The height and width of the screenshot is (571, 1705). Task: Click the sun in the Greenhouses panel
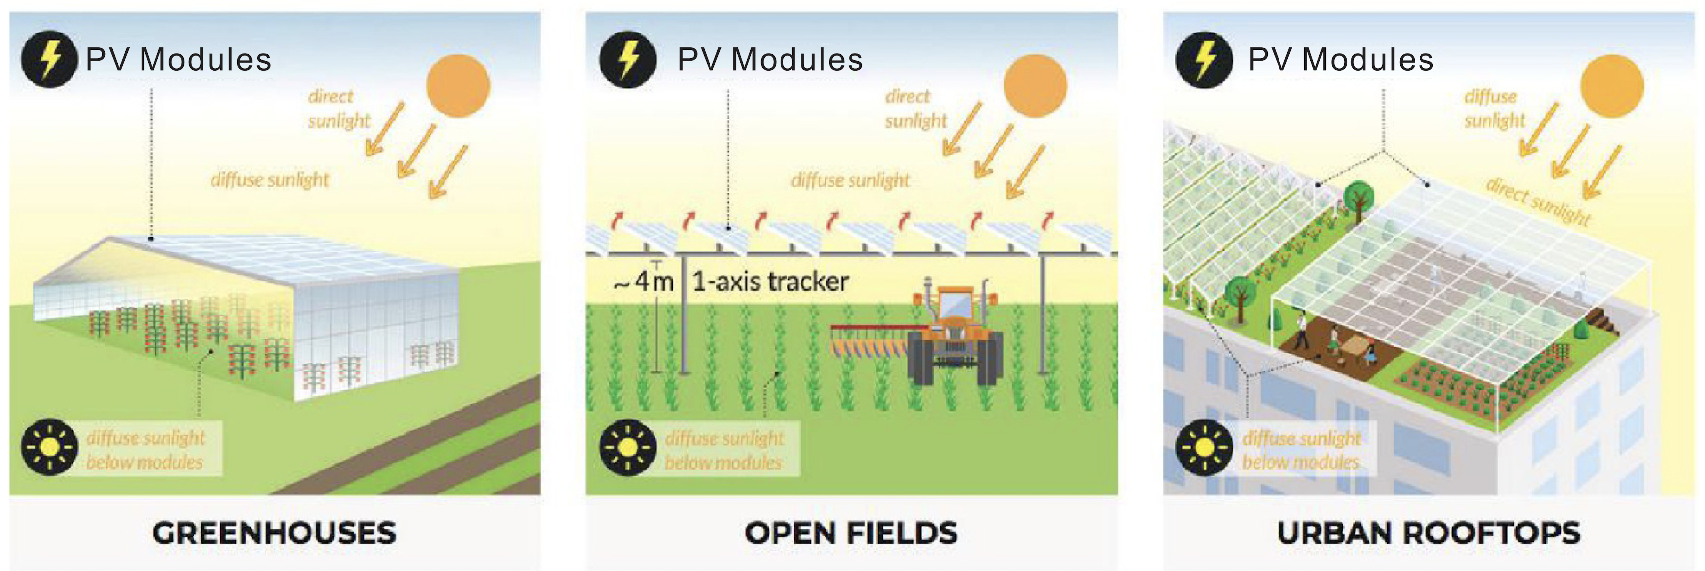tap(457, 85)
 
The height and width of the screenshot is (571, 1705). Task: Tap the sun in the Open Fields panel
tap(1035, 85)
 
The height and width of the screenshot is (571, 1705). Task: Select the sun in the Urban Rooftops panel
tap(1612, 85)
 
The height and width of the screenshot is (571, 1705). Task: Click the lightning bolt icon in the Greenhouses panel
tap(50, 59)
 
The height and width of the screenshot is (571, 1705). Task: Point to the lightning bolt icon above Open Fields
tap(628, 59)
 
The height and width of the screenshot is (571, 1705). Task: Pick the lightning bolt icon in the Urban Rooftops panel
tap(1204, 59)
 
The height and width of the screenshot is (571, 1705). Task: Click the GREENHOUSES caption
tap(274, 533)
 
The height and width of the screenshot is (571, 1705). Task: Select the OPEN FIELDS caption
tap(851, 533)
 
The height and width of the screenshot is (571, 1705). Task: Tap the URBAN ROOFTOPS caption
tap(1428, 533)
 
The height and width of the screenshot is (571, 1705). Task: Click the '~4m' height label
tap(643, 281)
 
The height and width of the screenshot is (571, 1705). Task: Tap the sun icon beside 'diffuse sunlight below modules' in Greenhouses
tap(50, 447)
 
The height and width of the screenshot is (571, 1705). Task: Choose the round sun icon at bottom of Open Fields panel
tap(628, 447)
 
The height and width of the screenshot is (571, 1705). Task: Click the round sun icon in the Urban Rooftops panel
tap(1204, 447)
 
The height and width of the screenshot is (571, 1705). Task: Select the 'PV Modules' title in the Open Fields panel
tap(770, 60)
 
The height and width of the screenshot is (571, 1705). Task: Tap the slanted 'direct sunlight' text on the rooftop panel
tap(1537, 201)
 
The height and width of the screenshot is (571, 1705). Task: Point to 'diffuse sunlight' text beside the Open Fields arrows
tap(850, 180)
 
